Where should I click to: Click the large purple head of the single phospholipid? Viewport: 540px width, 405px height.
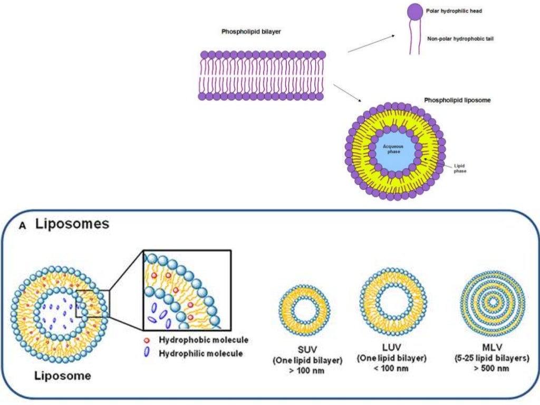click(x=414, y=11)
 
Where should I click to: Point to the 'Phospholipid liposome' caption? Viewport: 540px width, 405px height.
click(x=458, y=100)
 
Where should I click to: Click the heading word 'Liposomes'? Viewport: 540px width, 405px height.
click(x=72, y=224)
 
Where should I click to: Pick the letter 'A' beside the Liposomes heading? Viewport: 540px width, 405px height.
click(x=22, y=225)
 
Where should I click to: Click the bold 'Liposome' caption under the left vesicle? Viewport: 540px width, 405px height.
click(x=63, y=377)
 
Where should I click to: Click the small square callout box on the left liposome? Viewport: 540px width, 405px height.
click(x=93, y=303)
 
